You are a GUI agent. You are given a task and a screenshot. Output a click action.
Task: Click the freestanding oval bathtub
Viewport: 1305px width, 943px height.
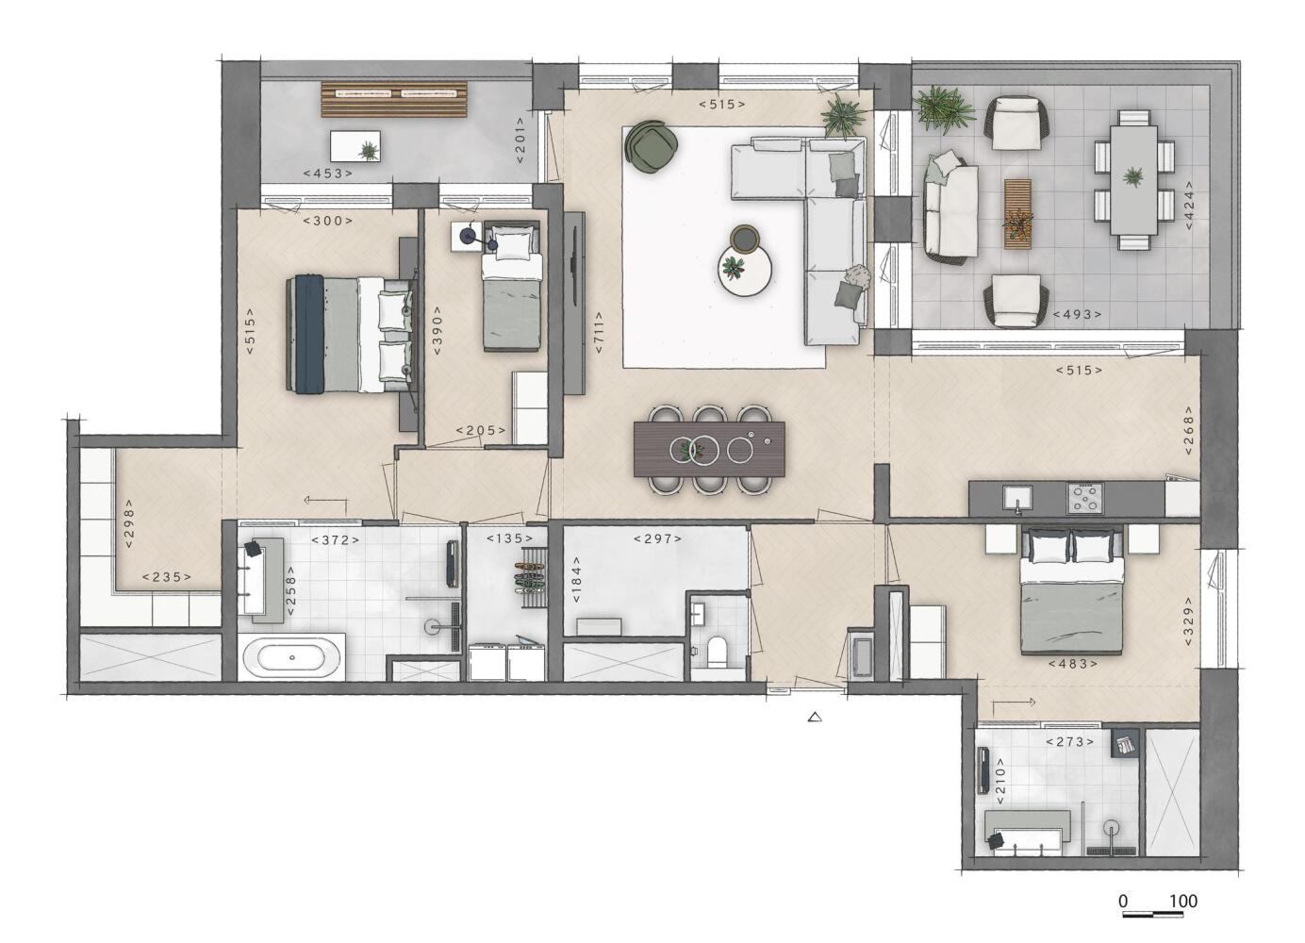[291, 658]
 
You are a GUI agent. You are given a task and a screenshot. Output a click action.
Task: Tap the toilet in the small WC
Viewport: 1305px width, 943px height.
[716, 652]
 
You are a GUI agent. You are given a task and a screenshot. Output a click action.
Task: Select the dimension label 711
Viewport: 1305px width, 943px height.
[599, 332]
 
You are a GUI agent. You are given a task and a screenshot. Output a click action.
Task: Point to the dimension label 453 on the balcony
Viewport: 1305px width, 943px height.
[328, 174]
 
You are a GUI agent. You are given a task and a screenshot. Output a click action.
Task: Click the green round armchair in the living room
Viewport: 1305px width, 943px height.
[651, 146]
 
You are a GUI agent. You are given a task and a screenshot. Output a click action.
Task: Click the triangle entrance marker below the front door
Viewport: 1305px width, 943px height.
[815, 717]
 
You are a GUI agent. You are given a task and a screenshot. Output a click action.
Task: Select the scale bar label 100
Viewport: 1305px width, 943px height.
[1183, 902]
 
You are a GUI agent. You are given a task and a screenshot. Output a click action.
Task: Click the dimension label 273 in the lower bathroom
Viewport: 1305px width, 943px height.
[1069, 742]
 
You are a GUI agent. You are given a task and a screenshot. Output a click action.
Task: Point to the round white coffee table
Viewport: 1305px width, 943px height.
[745, 271]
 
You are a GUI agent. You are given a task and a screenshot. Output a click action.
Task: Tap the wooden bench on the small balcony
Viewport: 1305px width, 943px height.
[394, 99]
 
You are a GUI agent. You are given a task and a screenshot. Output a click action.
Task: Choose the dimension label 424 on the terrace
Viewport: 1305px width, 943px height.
[1188, 206]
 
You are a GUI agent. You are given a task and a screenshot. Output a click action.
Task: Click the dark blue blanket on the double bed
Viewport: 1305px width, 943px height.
[308, 334]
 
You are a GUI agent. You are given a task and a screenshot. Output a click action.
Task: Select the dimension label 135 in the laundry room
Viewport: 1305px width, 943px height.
[509, 538]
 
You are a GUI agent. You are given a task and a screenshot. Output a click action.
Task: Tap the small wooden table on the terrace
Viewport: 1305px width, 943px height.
[1017, 214]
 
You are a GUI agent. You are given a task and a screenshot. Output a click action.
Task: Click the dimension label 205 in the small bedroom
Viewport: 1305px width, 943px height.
[481, 430]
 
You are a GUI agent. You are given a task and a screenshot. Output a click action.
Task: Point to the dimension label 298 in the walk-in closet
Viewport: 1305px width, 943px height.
[129, 523]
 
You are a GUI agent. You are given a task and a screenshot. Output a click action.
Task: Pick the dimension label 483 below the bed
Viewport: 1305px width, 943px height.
[1072, 663]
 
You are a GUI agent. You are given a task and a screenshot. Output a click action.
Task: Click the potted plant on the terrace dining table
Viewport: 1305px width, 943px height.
[1133, 176]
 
